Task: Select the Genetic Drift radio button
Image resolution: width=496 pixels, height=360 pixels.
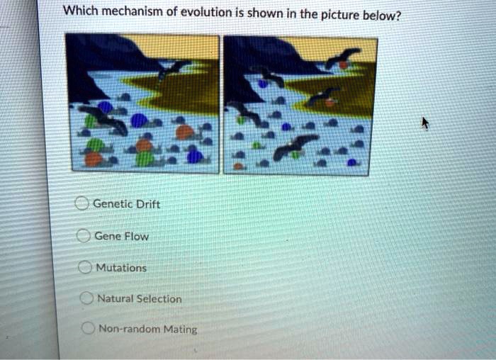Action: click(x=81, y=204)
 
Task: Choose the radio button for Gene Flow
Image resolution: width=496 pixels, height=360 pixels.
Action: click(x=82, y=236)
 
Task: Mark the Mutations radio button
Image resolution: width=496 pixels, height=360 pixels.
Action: click(x=84, y=268)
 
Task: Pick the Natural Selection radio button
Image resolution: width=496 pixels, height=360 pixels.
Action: click(x=86, y=298)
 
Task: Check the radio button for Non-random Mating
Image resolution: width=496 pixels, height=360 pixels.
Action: click(x=88, y=328)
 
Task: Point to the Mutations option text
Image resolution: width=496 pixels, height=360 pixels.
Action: click(x=121, y=268)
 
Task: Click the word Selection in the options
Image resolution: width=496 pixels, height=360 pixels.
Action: click(x=159, y=299)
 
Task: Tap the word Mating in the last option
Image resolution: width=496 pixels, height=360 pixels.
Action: click(x=180, y=329)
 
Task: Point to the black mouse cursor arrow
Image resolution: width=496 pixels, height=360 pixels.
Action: click(x=425, y=123)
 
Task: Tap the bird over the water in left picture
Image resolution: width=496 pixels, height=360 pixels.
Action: click(x=104, y=119)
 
